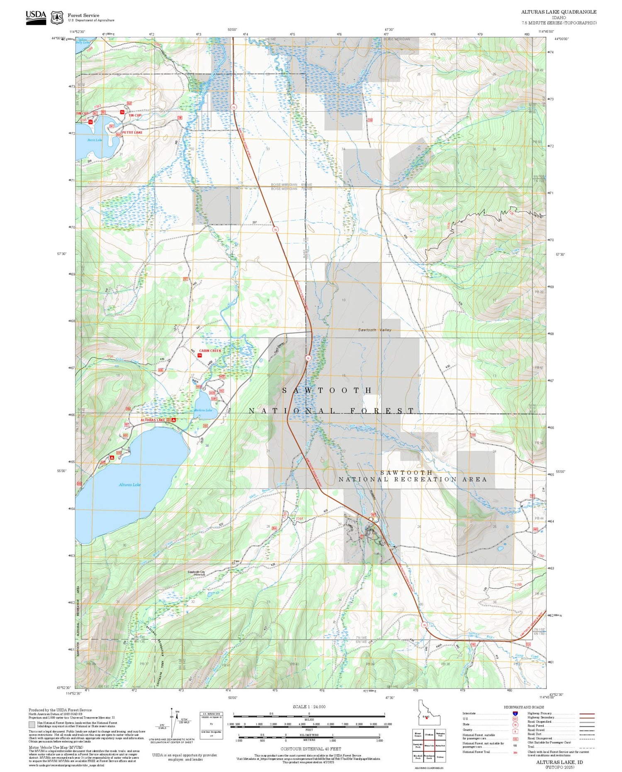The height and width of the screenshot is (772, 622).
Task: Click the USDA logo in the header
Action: (36, 17)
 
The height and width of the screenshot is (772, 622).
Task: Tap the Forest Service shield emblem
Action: (57, 17)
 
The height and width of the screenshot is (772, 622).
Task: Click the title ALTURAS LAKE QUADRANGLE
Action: (559, 12)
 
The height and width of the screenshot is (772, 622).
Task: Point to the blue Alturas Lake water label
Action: (129, 484)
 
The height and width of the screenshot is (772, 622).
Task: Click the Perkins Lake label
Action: (203, 410)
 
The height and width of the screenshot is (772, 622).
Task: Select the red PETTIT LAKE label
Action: (132, 132)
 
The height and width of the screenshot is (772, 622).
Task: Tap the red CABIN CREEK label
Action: (210, 350)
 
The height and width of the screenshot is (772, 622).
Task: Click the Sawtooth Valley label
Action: (374, 330)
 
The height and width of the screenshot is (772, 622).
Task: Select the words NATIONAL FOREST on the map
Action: (331, 411)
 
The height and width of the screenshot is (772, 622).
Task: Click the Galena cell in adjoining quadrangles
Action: (440, 757)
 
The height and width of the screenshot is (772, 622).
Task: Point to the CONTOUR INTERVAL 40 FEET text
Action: (311, 749)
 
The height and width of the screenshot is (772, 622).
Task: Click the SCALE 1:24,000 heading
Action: (309, 706)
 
